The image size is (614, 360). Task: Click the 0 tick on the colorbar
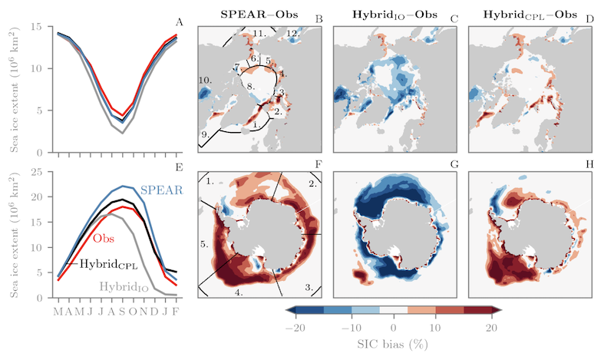394,327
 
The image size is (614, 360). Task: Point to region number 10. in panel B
205,80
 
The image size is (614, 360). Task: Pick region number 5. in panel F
205,243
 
